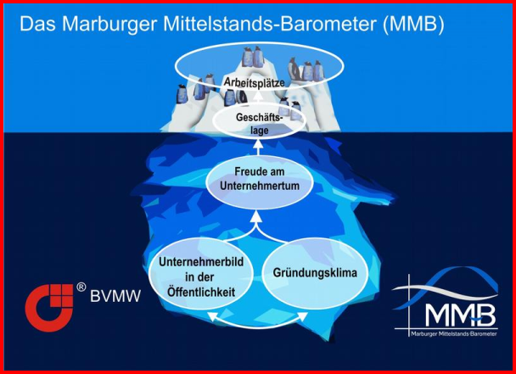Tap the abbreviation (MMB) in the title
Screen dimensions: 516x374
413,24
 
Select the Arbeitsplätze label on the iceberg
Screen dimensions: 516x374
254,82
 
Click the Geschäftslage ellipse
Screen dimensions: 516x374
260,121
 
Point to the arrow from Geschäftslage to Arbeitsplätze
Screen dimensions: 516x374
258,98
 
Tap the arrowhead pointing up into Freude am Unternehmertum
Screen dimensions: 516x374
258,215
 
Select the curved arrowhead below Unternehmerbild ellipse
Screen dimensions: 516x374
212,315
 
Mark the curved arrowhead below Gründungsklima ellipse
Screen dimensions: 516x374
303,315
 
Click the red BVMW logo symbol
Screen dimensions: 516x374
49,308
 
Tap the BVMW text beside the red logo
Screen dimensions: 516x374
115,296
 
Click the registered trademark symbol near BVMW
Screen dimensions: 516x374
81,287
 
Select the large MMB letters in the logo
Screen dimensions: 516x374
460,314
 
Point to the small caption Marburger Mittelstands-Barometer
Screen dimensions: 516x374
454,334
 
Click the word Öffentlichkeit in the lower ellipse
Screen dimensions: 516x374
201,292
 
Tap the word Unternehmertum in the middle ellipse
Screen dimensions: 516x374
260,186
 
